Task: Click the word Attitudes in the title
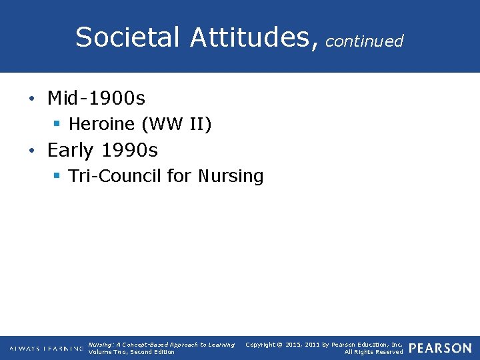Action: (x=249, y=37)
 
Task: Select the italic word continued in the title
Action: (x=365, y=41)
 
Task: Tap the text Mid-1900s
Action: (x=96, y=99)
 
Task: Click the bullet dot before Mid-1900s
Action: (x=31, y=99)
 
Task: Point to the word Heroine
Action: (x=99, y=124)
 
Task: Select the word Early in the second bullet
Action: (x=70, y=151)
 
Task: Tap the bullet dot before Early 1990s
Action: (x=31, y=151)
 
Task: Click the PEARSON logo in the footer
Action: (x=439, y=348)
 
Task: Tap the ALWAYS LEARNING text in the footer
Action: (x=47, y=349)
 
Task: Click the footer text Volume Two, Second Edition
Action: (x=131, y=352)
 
